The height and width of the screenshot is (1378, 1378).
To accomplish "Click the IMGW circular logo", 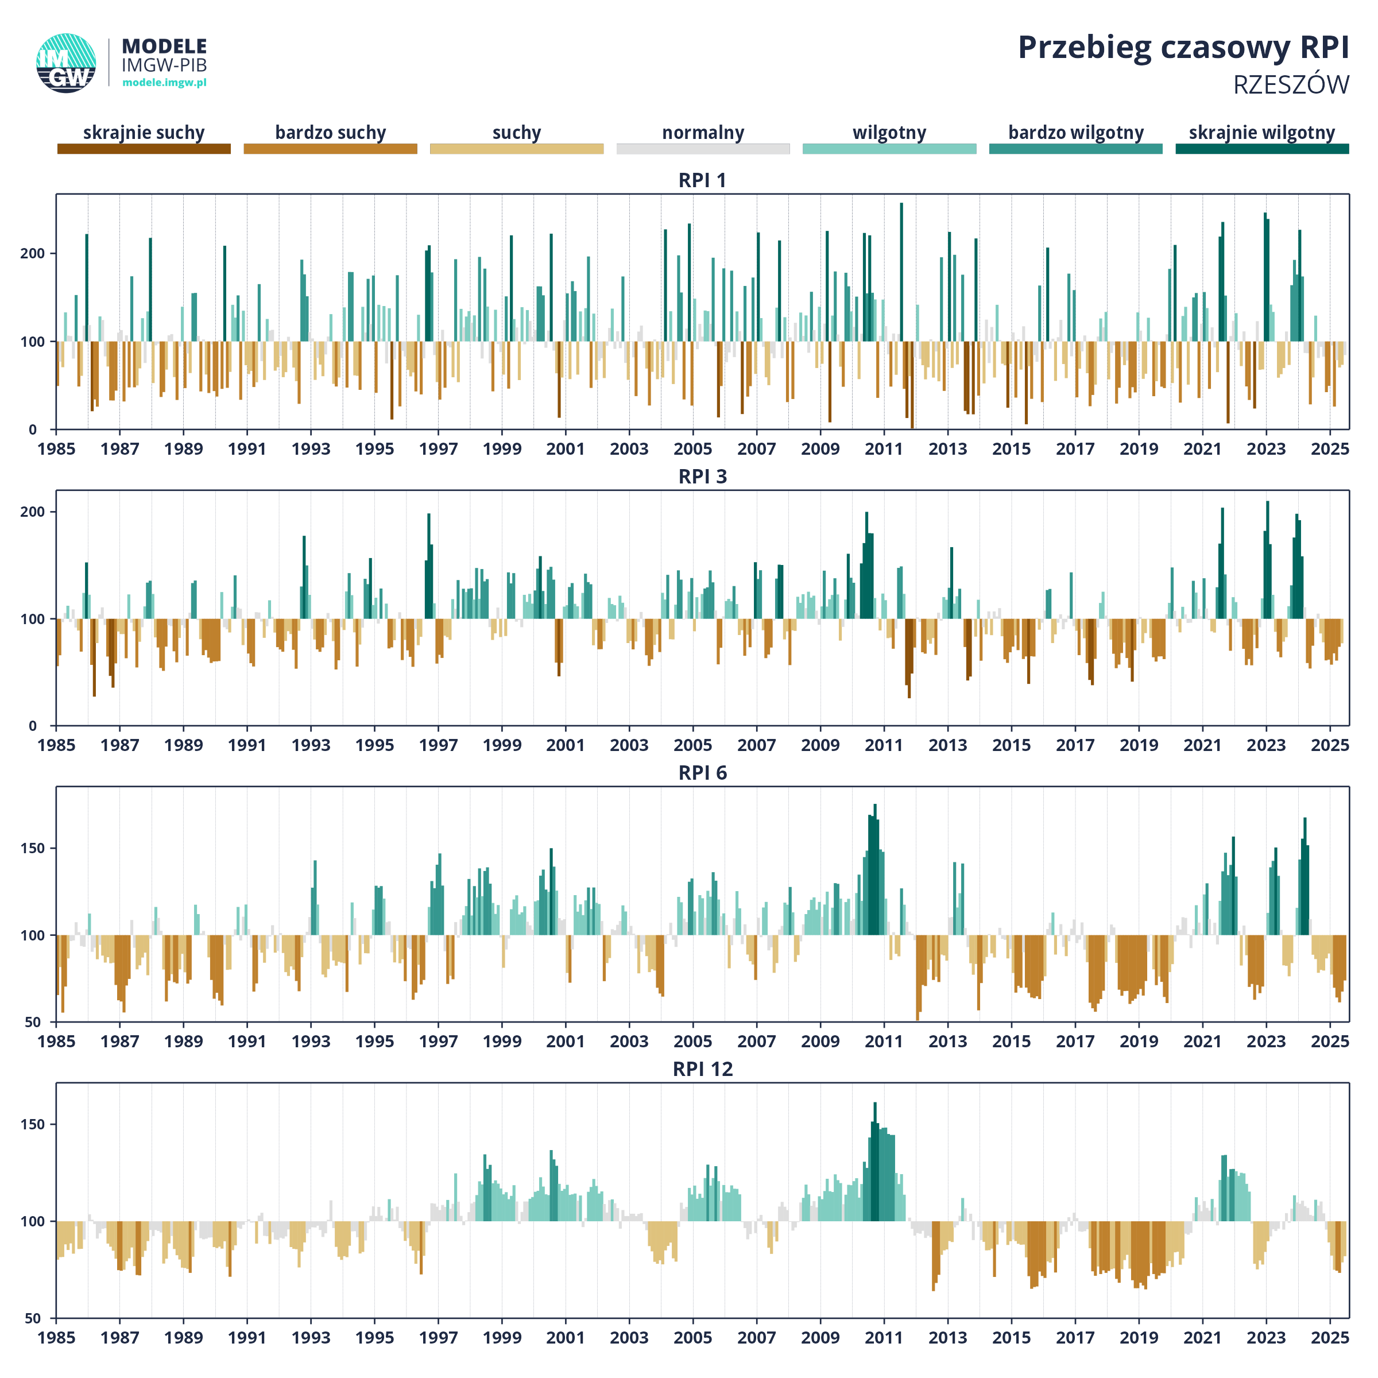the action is pos(67,63).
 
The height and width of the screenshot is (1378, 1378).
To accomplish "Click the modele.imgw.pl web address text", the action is pos(165,83).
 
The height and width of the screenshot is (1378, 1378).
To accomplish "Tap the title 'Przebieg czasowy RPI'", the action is pos(1183,48).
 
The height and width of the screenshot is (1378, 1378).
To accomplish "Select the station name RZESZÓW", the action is pos(1291,84).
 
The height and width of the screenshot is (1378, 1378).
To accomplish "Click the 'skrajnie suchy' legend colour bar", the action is pos(144,148).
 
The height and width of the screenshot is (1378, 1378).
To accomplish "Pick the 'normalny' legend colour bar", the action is pos(703,148).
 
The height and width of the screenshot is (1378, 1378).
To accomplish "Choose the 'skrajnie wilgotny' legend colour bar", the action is pos(1263,148).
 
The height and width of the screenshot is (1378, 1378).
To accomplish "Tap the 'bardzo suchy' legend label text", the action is pos(330,133).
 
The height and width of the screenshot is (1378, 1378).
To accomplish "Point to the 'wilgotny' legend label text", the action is pos(889,133).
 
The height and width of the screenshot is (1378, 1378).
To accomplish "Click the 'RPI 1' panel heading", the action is pos(703,180).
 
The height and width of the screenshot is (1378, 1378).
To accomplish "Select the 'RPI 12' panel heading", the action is pos(703,1069).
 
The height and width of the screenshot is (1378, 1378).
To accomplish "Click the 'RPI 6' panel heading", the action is pos(703,773).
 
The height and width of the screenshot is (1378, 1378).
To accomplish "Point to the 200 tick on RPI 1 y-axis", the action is pos(32,253).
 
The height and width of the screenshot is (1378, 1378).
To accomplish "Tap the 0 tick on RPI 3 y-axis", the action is pos(33,726).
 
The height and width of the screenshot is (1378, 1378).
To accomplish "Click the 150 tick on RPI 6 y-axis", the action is pos(32,848).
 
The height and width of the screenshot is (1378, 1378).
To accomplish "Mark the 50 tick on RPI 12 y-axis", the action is pos(33,1318).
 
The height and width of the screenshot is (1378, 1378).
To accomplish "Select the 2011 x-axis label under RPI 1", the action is pos(884,448).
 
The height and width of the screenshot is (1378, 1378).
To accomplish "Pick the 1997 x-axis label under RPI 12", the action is pos(438,1337).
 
